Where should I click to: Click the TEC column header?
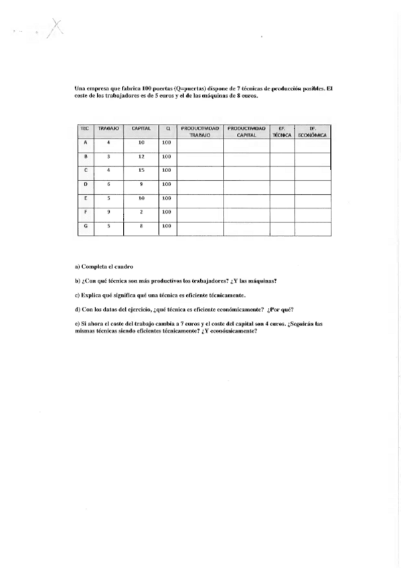click(x=85, y=127)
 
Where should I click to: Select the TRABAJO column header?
click(x=108, y=127)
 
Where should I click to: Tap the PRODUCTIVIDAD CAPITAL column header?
click(x=246, y=131)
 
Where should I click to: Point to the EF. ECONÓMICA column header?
click(x=313, y=131)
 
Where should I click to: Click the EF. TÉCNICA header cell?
click(x=282, y=131)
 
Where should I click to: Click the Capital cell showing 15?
click(x=141, y=170)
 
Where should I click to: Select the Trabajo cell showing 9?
click(x=108, y=212)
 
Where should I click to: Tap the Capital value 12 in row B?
click(x=141, y=156)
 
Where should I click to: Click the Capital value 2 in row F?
click(x=141, y=212)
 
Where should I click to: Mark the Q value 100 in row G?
click(x=167, y=226)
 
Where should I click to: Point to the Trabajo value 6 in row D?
click(x=108, y=184)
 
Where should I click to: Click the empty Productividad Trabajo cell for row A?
click(x=199, y=143)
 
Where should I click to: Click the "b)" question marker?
click(x=78, y=281)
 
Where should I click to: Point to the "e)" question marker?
click(x=78, y=324)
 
